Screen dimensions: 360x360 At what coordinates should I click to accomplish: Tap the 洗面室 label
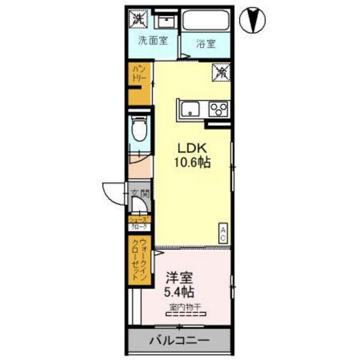click(153, 40)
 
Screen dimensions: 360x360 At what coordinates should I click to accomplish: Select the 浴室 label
click(205, 45)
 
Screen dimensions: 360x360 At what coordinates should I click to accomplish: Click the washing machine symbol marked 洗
click(138, 17)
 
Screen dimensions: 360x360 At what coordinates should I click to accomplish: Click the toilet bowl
click(138, 130)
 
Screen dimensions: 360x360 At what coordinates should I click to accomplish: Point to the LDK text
click(188, 145)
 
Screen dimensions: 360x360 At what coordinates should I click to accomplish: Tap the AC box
click(222, 233)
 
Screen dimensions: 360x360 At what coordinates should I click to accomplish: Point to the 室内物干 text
click(184, 307)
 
